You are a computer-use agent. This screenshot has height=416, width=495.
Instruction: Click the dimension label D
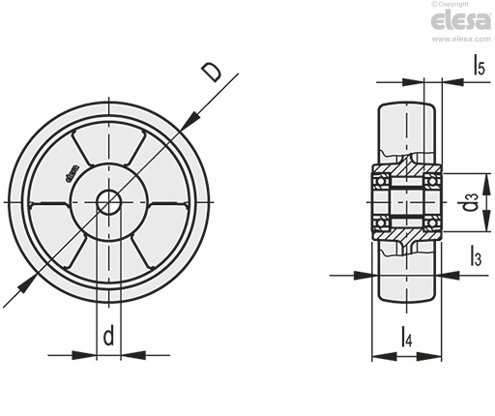click(211, 73)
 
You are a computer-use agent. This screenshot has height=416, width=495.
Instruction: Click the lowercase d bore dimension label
click(109, 335)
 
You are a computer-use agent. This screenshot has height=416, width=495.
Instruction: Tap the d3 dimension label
click(471, 202)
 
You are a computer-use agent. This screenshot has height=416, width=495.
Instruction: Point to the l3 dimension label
click(476, 255)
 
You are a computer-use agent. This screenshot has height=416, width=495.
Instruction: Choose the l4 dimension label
click(407, 336)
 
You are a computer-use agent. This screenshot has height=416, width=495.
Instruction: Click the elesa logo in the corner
click(461, 21)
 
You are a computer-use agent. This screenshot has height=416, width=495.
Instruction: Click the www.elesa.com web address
click(461, 39)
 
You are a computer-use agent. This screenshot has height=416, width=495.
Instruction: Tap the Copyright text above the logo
click(450, 4)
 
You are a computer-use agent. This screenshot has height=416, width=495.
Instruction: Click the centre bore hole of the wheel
click(109, 202)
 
